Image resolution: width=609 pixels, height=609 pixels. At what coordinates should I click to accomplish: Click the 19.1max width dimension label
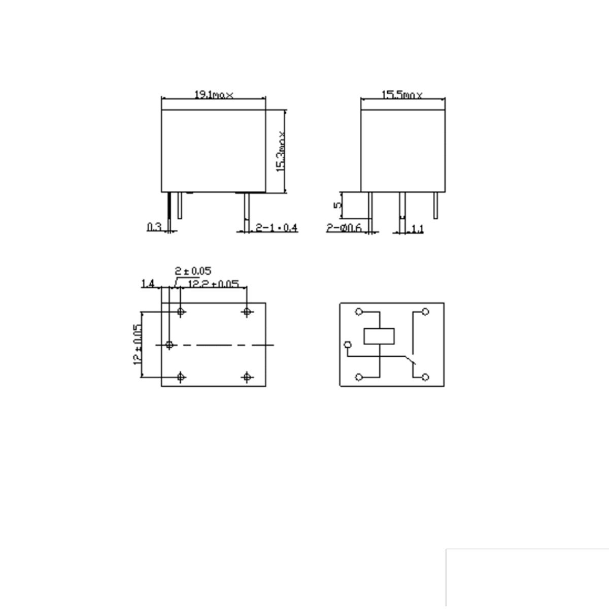point(214,95)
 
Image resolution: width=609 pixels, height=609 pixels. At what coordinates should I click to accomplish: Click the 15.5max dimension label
point(401,95)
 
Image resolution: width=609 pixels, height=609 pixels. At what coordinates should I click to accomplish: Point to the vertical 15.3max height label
point(281,152)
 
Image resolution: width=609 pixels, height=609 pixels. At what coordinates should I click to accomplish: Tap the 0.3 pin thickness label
point(154,227)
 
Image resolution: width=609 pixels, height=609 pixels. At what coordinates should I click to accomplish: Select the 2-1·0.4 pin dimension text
point(276,228)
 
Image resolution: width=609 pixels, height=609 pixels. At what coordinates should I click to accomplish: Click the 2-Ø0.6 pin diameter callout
point(344,228)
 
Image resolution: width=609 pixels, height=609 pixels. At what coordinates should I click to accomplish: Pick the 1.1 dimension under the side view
point(416,229)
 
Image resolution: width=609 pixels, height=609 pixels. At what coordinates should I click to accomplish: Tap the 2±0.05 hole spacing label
point(193,271)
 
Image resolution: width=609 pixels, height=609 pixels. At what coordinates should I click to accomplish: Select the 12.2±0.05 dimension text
point(213,283)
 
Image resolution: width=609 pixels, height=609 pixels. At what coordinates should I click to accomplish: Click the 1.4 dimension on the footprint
point(148,283)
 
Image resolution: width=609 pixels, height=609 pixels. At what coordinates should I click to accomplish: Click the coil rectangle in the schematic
point(379,336)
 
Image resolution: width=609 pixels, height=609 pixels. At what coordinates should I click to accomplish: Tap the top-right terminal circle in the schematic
point(425,312)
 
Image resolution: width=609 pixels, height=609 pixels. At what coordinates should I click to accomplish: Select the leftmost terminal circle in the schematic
point(348,345)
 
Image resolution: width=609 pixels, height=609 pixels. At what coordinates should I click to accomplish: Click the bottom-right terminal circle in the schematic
point(425,377)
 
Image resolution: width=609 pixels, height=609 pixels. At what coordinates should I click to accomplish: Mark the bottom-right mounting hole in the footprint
point(247,377)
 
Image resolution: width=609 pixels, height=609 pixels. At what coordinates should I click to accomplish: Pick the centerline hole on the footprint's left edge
point(170,345)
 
